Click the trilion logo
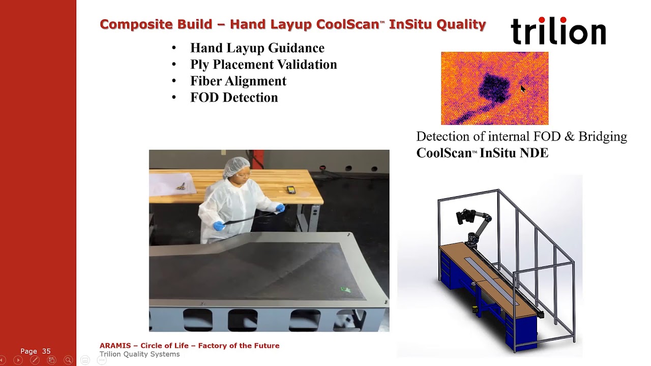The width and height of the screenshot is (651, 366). point(558,31)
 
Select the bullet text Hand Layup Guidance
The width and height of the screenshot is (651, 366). point(257,48)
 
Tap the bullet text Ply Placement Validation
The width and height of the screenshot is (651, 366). point(263,65)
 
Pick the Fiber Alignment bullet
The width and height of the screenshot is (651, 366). point(238,81)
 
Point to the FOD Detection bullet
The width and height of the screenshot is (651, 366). point(234,98)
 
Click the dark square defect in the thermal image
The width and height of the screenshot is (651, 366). point(493,87)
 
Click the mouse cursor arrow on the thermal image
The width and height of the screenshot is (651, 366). point(523,89)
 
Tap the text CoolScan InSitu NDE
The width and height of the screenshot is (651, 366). point(482,153)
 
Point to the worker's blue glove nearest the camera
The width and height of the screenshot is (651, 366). point(219,226)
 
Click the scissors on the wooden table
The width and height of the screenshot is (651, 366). point(181,187)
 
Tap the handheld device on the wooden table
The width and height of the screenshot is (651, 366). point(291,190)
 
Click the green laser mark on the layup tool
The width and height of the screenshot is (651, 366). point(346,290)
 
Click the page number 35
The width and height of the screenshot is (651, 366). point(46,351)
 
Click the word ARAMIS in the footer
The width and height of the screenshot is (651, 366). point(115,346)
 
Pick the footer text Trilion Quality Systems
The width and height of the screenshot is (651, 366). point(139,354)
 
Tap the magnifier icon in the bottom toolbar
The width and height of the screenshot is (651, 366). point(68,360)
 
